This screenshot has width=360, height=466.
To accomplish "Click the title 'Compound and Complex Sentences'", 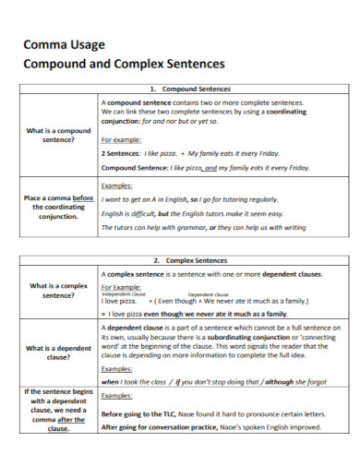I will (123, 64).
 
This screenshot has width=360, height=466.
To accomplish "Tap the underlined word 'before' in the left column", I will (82, 198).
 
